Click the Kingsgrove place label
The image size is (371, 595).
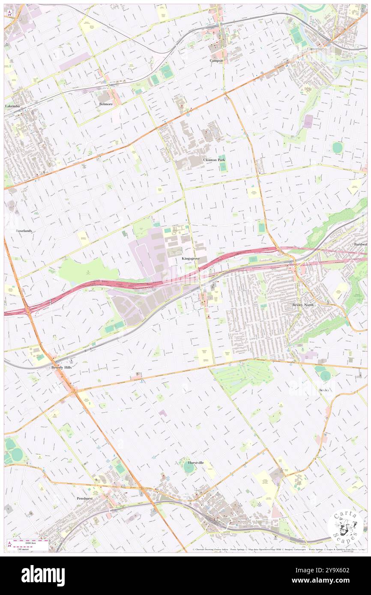pos(191,259)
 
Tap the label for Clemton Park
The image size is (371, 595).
pos(214,160)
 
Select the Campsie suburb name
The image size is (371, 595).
pos(216,60)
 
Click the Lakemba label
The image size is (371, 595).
pos(12,105)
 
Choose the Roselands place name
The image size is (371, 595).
pos(24,231)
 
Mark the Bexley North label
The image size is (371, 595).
pos(303,305)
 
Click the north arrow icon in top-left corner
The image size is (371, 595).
pos(9,12)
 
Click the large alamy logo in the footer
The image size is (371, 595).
pos(43,576)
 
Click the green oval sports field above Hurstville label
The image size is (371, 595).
pos(188,469)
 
